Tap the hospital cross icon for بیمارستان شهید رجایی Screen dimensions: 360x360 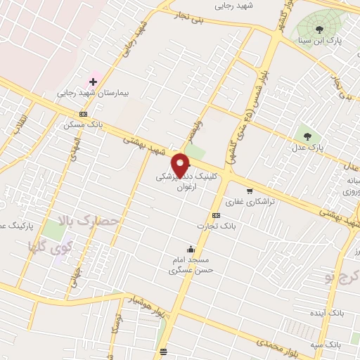point(92,82)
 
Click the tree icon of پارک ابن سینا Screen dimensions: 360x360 point(320,30)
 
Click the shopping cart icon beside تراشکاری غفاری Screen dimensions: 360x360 point(249,191)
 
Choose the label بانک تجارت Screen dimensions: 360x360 point(215,226)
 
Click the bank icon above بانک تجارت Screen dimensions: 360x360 point(215,216)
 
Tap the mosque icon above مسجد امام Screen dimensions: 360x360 point(190,248)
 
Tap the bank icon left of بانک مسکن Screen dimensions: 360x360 point(84,114)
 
